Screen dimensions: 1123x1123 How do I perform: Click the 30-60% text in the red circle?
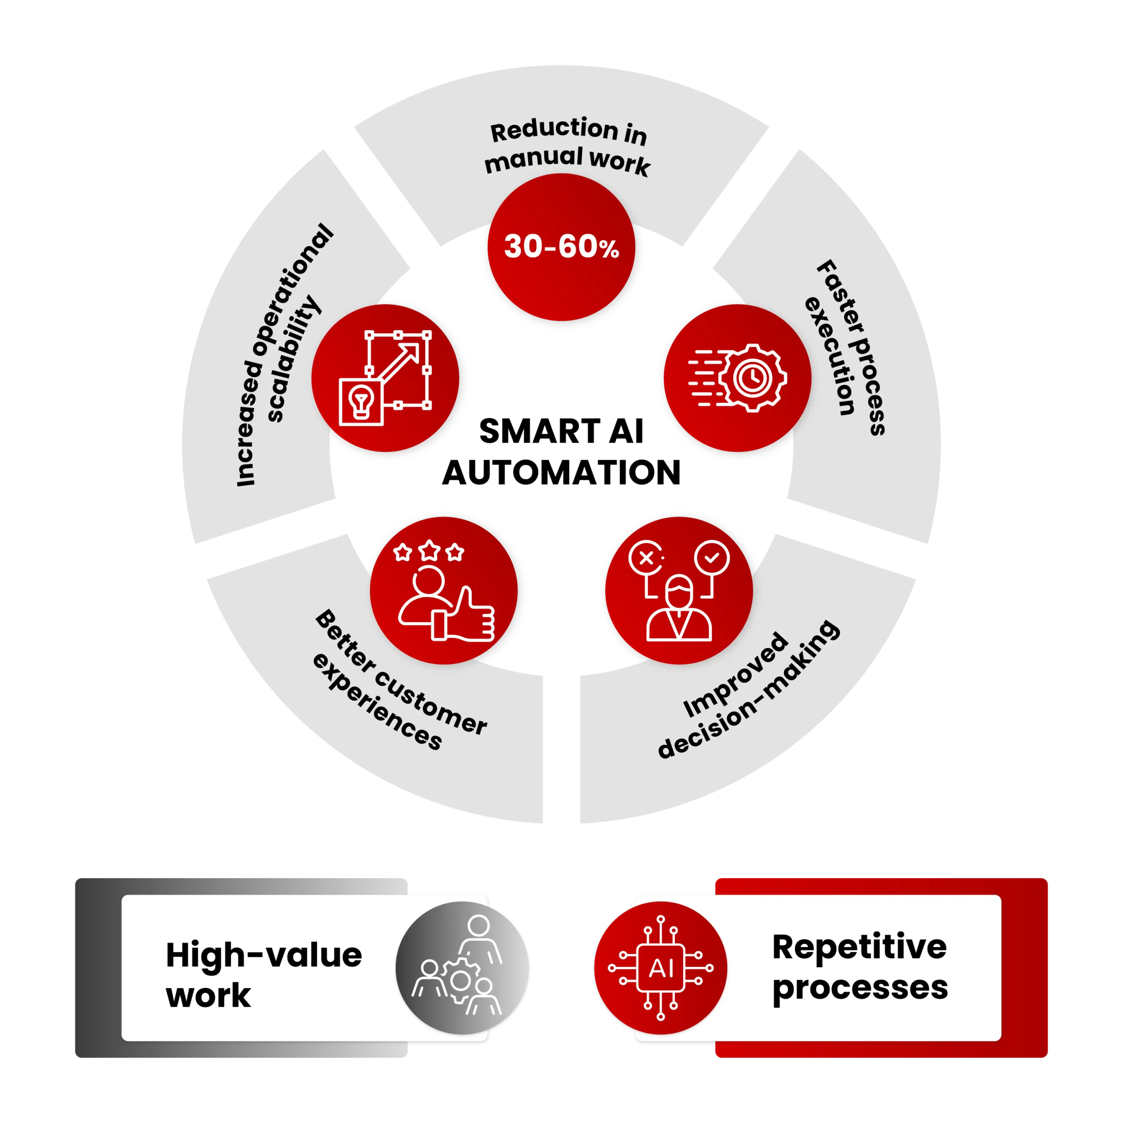561,247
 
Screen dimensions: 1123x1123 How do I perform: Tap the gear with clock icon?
753,378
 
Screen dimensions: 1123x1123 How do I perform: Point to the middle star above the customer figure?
429,550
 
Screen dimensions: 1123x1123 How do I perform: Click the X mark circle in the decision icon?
646,558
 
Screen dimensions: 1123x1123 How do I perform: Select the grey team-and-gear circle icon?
462,969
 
